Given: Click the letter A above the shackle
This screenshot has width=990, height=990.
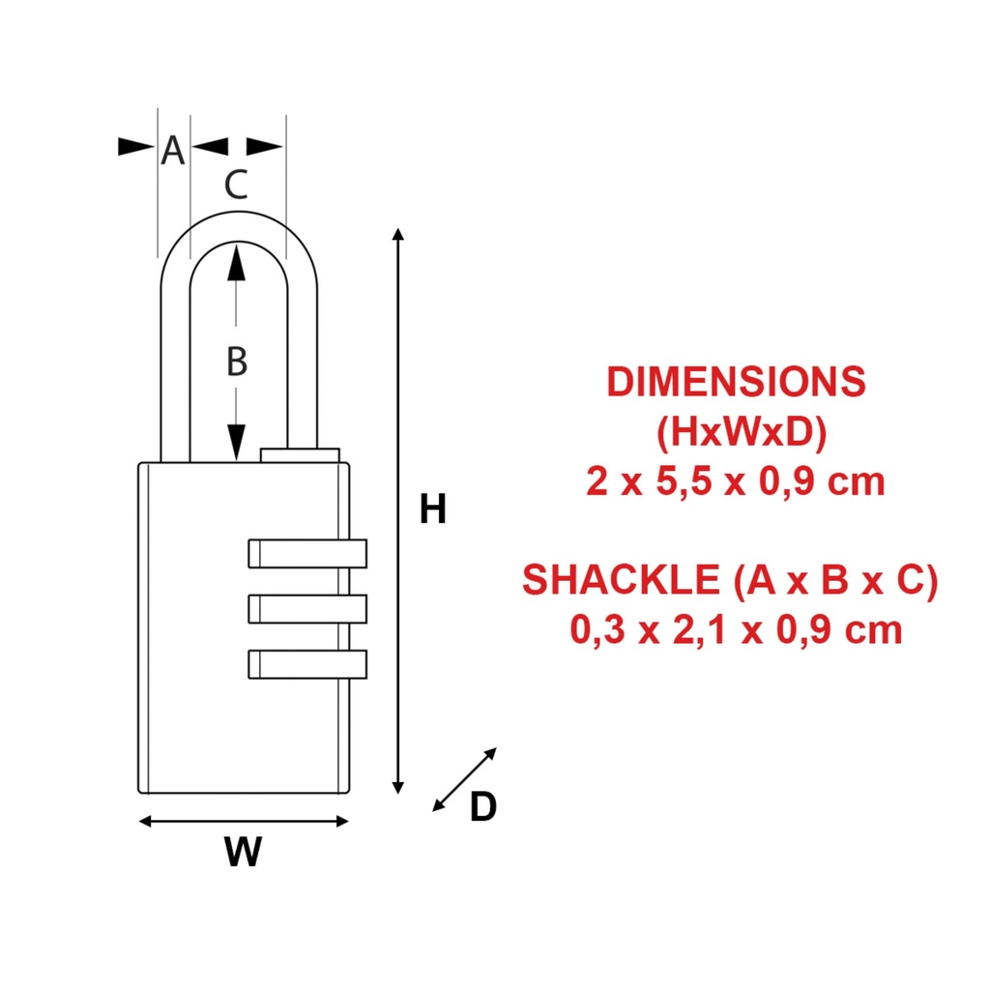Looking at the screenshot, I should [172, 151].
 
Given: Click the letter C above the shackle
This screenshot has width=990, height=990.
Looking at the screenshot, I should [236, 184].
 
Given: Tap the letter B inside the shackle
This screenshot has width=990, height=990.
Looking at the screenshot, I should [237, 363].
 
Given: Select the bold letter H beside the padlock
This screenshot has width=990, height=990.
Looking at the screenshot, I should [432, 510].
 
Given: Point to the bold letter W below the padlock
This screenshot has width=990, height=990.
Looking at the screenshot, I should [243, 852].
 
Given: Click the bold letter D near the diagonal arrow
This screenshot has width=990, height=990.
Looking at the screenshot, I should [482, 806].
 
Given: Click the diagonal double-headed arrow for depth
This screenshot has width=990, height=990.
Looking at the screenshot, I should [465, 779].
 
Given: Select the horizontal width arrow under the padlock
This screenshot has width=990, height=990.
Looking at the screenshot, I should [244, 822].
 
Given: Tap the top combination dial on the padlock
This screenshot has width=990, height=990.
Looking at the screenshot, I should [307, 552].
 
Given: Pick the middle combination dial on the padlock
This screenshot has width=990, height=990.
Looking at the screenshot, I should [307, 608].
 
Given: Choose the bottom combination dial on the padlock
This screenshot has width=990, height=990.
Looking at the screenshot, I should [307, 663].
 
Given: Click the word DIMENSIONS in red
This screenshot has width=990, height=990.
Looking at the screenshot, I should [736, 382].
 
